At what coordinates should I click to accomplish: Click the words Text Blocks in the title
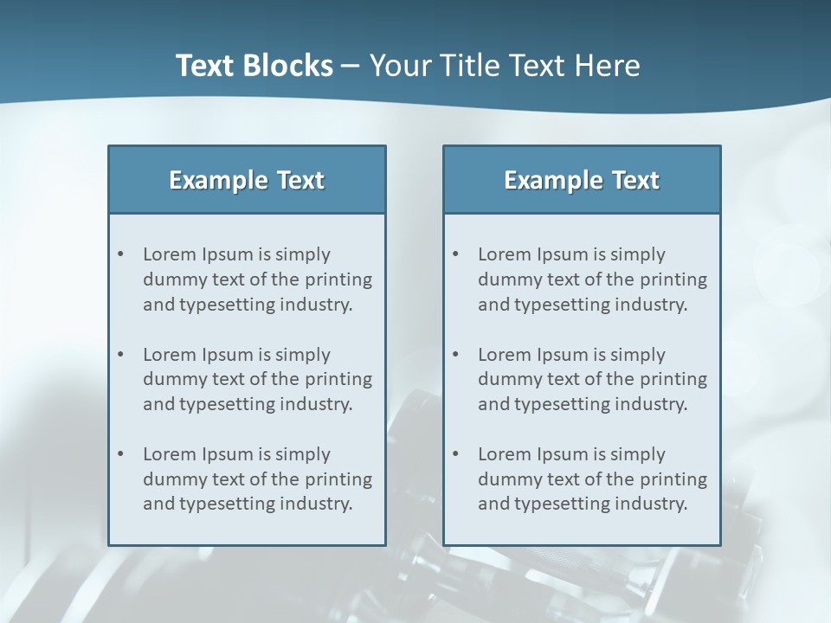[254, 66]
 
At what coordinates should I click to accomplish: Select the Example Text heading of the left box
[247, 180]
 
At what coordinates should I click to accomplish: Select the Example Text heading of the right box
[582, 180]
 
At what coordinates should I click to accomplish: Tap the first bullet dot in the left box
[120, 254]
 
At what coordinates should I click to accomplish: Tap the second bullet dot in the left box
[120, 355]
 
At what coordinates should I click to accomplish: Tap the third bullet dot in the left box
[120, 454]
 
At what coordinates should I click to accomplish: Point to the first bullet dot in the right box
[455, 254]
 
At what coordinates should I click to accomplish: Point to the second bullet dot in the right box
[455, 355]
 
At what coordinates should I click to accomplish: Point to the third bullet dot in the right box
[455, 454]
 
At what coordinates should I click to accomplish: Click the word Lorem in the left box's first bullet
[170, 254]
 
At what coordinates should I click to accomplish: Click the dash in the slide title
[351, 66]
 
